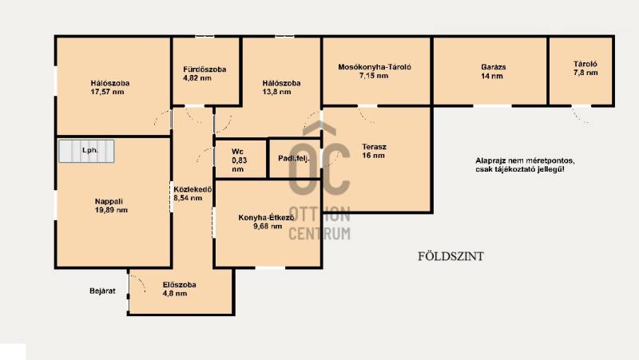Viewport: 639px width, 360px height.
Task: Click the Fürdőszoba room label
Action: tap(204, 69)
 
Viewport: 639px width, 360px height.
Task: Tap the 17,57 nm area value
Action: tap(107, 92)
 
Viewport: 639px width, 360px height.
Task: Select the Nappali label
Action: tap(109, 201)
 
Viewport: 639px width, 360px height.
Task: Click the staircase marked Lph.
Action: tap(86, 151)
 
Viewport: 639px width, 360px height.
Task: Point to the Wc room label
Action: tap(237, 152)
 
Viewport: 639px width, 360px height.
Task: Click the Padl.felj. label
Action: tap(294, 158)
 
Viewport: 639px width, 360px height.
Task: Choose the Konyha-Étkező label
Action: tap(266, 217)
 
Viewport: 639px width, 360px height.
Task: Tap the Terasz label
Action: tap(374, 147)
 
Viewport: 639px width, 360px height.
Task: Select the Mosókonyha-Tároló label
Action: tap(375, 67)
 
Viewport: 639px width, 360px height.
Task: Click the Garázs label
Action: tap(494, 67)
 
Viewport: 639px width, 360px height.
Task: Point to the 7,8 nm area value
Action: tap(585, 73)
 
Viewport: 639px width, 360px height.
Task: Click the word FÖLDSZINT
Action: tap(450, 256)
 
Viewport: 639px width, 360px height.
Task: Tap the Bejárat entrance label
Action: tap(102, 291)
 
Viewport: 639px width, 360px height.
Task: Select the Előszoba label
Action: tap(179, 285)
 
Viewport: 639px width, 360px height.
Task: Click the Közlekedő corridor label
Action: tap(192, 189)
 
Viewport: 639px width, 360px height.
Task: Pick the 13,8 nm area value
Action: tap(276, 92)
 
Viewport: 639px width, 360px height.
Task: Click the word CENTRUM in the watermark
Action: tap(319, 234)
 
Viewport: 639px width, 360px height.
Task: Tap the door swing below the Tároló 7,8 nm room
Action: tap(580, 116)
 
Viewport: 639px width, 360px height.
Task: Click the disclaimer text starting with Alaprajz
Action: tap(526, 165)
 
